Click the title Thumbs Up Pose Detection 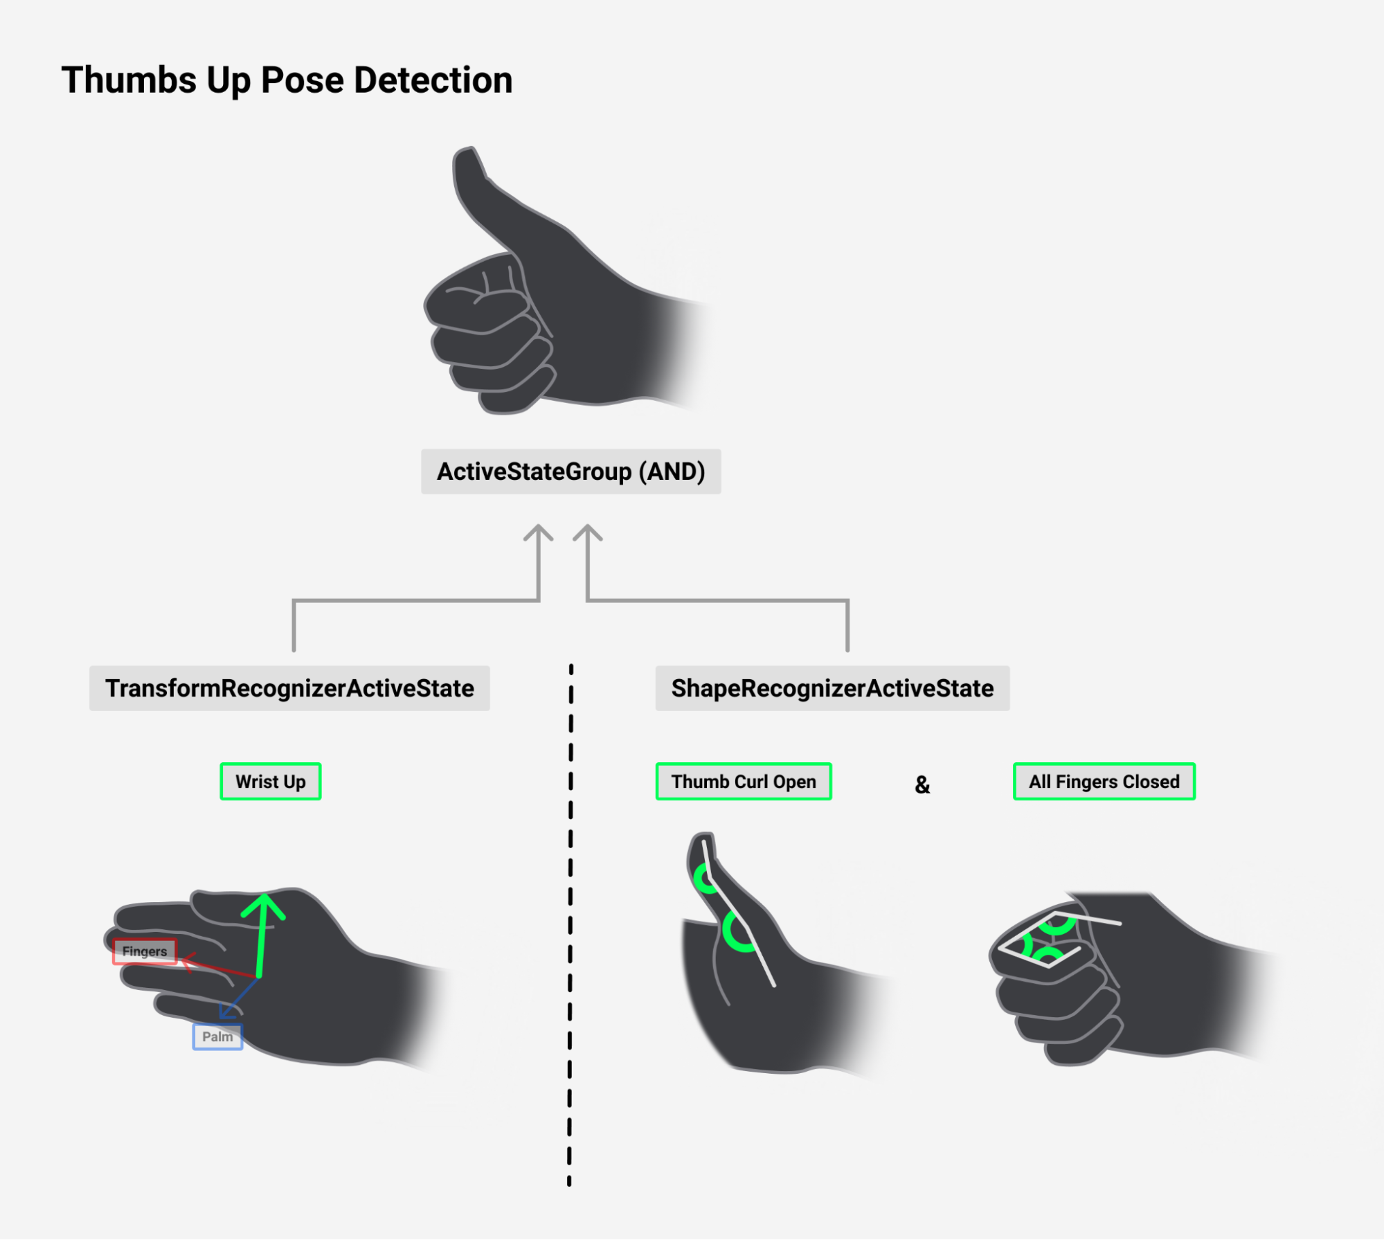pyautogui.click(x=287, y=80)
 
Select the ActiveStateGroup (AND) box pyautogui.click(x=570, y=471)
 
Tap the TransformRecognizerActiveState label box pyautogui.click(x=289, y=688)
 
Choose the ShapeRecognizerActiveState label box pyautogui.click(x=832, y=688)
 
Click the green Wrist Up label pyautogui.click(x=271, y=782)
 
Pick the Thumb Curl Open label pyautogui.click(x=744, y=782)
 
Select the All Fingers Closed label pyautogui.click(x=1104, y=782)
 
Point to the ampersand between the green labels pyautogui.click(x=922, y=784)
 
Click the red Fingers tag pyautogui.click(x=145, y=951)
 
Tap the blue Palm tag pyautogui.click(x=217, y=1036)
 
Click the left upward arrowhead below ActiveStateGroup pyautogui.click(x=538, y=534)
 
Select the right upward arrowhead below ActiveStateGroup pyautogui.click(x=588, y=534)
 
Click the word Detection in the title pyautogui.click(x=433, y=80)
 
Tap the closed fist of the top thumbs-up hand pyautogui.click(x=485, y=332)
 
